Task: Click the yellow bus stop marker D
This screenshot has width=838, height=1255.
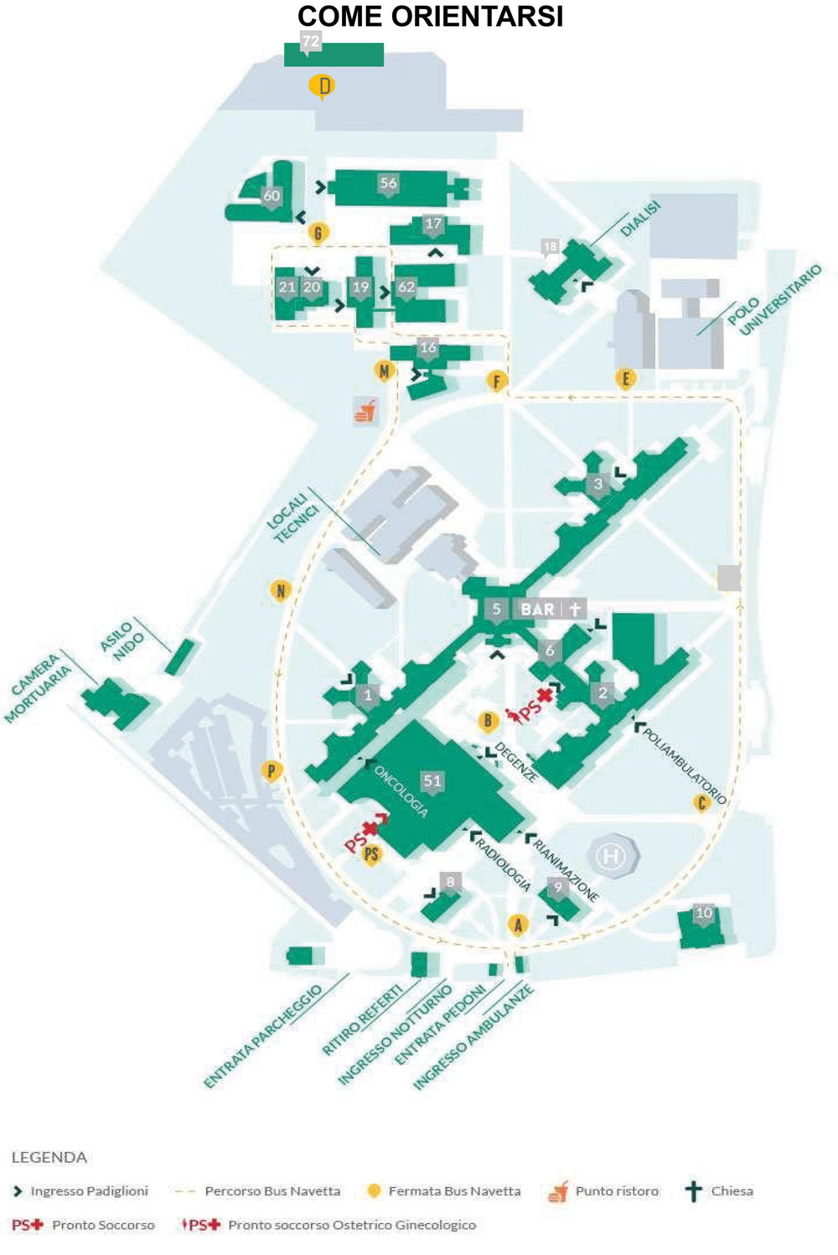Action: point(322,86)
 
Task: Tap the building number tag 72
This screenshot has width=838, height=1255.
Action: point(311,41)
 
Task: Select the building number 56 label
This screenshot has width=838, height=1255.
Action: point(388,184)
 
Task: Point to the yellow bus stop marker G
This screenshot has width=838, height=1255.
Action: point(318,233)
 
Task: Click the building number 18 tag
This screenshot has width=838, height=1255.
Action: point(550,246)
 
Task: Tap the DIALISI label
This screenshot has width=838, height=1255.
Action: point(641,219)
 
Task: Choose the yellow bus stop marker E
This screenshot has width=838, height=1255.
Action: point(625,379)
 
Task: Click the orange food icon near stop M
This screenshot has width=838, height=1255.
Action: point(366,411)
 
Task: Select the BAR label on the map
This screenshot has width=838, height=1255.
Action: point(537,609)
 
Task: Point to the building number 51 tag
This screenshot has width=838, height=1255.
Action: point(432,781)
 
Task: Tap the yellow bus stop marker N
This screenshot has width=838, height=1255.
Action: point(281,591)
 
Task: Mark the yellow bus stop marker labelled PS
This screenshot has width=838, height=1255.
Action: point(371,854)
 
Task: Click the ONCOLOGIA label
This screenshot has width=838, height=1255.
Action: point(401,791)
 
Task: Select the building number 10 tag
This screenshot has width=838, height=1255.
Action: point(704,913)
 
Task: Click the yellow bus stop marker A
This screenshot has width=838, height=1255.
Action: point(518,925)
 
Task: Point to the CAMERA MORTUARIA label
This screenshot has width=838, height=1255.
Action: point(39,687)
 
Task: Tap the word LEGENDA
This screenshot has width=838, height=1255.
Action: point(49,1158)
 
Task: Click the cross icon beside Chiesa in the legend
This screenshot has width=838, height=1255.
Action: point(693,1191)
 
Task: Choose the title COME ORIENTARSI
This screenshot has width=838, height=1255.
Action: point(430,17)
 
